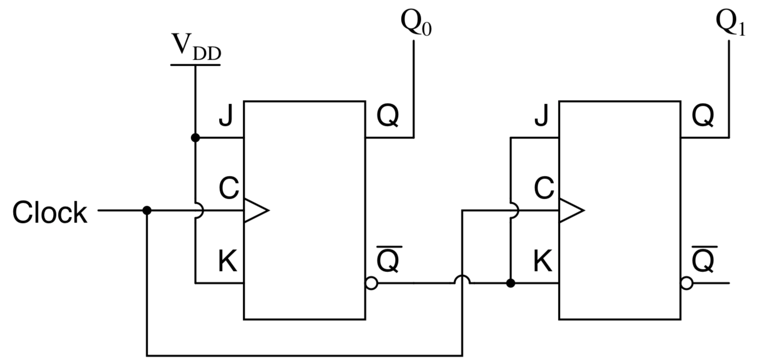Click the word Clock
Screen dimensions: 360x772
[x=50, y=212]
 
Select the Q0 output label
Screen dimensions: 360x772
[x=416, y=22]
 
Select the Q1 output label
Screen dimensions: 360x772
[x=731, y=22]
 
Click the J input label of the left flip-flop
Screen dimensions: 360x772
[x=226, y=116]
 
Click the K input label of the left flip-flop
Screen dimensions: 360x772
[x=228, y=262]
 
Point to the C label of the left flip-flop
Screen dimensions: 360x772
[x=229, y=189]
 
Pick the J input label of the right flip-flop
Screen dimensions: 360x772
[x=541, y=116]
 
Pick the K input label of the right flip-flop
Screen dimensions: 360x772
[x=543, y=262]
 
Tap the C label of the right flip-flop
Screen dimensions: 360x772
[x=544, y=189]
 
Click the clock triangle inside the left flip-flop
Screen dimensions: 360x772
[x=255, y=210]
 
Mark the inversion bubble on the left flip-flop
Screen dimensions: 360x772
[x=371, y=283]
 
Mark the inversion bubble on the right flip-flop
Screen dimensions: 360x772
[x=687, y=283]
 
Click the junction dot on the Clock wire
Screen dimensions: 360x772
[x=147, y=210]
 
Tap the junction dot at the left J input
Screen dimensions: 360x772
[x=195, y=138]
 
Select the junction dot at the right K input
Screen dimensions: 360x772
[x=510, y=283]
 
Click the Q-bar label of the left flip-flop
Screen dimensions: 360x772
[x=389, y=260]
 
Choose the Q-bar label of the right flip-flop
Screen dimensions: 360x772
[x=704, y=260]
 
